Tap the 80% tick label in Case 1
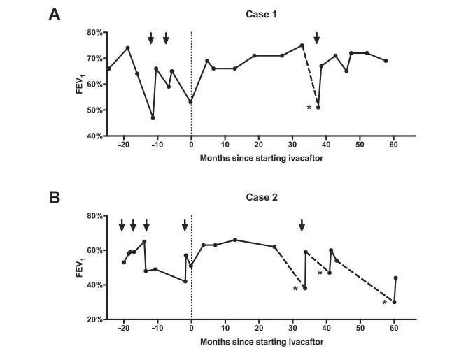click(x=94, y=32)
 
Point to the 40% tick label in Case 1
click(x=94, y=136)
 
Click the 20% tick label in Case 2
click(x=94, y=319)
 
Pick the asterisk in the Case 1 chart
click(x=309, y=108)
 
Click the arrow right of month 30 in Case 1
click(x=317, y=38)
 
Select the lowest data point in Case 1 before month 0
click(x=153, y=117)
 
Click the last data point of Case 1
click(x=386, y=61)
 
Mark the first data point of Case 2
click(x=124, y=262)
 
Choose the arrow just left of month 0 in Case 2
click(x=185, y=225)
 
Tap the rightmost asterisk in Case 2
click(x=384, y=303)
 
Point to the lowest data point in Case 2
click(x=394, y=302)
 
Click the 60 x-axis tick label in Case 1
click(x=393, y=146)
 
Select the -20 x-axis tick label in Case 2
click(x=123, y=329)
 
